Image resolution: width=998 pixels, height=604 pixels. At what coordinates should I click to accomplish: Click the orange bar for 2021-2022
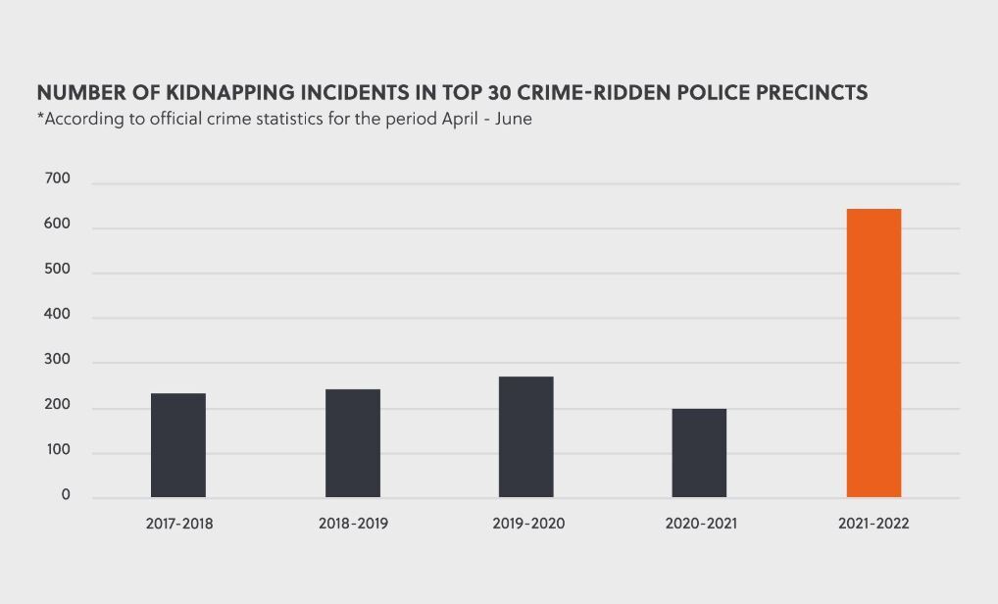[x=873, y=353]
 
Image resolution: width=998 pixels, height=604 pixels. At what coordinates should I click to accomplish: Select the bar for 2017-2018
[x=178, y=445]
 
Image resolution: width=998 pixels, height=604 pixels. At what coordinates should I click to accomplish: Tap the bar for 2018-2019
[x=353, y=443]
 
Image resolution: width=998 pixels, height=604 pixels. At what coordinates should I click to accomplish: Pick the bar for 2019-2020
[x=525, y=437]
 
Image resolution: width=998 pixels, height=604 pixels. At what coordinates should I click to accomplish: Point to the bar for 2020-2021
[x=699, y=453]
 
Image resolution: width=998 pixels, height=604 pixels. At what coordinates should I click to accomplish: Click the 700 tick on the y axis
[x=58, y=179]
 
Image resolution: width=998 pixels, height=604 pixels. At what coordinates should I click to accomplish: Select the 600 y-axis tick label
[x=58, y=225]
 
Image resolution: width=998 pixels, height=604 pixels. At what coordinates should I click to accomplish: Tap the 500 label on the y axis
[x=58, y=270]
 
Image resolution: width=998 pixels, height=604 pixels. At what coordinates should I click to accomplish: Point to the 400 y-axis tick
[x=58, y=315]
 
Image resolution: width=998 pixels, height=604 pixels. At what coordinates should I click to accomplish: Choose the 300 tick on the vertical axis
[x=58, y=360]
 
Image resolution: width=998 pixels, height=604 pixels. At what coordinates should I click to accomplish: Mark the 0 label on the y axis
[x=66, y=495]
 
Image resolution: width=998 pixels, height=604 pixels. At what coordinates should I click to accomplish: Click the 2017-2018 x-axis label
[x=179, y=524]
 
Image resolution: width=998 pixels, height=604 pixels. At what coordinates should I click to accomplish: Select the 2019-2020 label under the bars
[x=528, y=524]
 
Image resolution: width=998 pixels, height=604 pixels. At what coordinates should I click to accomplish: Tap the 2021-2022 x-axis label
[x=873, y=524]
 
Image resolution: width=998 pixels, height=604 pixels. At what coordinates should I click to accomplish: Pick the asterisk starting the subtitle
[x=40, y=119]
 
